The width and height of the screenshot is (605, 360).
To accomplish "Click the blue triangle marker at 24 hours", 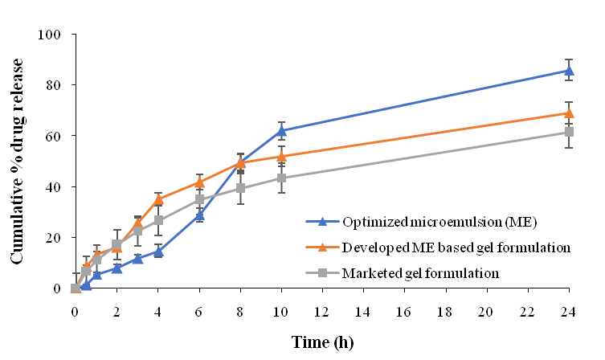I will tap(569, 70).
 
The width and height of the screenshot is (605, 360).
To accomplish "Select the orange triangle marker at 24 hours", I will tap(569, 112).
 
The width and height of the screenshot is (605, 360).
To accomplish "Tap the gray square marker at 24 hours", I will tap(569, 132).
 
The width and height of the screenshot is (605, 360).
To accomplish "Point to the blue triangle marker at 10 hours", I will tap(281, 130).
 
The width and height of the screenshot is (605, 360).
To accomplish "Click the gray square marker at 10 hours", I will tap(281, 178).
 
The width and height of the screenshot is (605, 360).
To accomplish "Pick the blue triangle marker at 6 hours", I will tap(198, 215).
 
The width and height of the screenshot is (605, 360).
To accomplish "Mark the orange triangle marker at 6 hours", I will tap(198, 182).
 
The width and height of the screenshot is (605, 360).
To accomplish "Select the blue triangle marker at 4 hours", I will tap(157, 252).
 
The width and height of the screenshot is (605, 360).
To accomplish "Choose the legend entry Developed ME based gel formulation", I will tap(434, 247).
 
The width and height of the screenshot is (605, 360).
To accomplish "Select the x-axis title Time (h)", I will tap(321, 341).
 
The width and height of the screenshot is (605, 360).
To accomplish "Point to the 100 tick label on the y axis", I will tap(51, 35).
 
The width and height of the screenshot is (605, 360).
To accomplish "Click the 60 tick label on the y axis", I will tap(55, 136).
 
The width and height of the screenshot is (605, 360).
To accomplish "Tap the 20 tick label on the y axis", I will tap(55, 238).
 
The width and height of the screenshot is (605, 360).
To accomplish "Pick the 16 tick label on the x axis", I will tap(405, 305).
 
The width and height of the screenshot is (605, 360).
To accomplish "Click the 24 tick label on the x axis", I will tap(570, 305).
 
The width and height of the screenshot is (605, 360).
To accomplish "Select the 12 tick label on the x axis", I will tap(322, 305).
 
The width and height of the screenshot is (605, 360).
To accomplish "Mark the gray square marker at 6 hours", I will tap(198, 199).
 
